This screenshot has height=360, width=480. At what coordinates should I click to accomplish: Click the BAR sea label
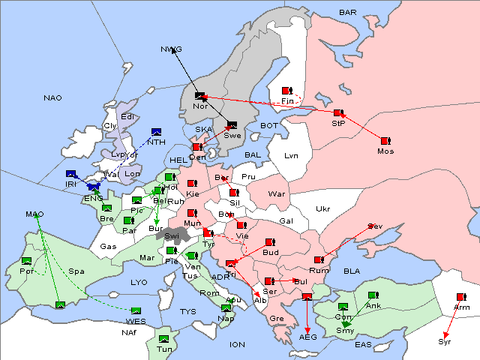click(x=347, y=13)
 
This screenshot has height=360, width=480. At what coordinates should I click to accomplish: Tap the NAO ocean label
click(x=52, y=98)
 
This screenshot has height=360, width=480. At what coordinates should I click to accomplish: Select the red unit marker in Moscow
click(x=385, y=140)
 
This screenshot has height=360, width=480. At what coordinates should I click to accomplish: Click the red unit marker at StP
click(x=338, y=113)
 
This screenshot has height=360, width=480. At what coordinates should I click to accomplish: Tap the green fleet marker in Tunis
click(x=164, y=338)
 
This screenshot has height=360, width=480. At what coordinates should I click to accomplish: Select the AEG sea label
click(x=308, y=337)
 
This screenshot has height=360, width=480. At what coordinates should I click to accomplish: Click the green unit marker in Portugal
click(x=27, y=260)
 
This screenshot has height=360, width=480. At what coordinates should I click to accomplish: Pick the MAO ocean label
click(x=34, y=214)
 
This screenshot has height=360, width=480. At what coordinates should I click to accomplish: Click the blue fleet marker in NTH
click(x=156, y=131)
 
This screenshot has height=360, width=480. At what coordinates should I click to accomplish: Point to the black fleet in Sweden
click(x=232, y=125)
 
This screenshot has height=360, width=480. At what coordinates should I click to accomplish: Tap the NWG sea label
click(x=171, y=49)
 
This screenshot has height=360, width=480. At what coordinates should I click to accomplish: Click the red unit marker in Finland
click(x=286, y=91)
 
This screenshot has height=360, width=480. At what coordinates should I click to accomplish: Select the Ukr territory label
click(x=322, y=209)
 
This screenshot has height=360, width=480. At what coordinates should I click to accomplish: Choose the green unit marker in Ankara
click(x=373, y=295)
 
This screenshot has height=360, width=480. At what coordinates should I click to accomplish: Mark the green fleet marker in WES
click(x=136, y=310)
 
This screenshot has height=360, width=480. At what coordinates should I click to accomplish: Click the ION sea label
click(x=237, y=344)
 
